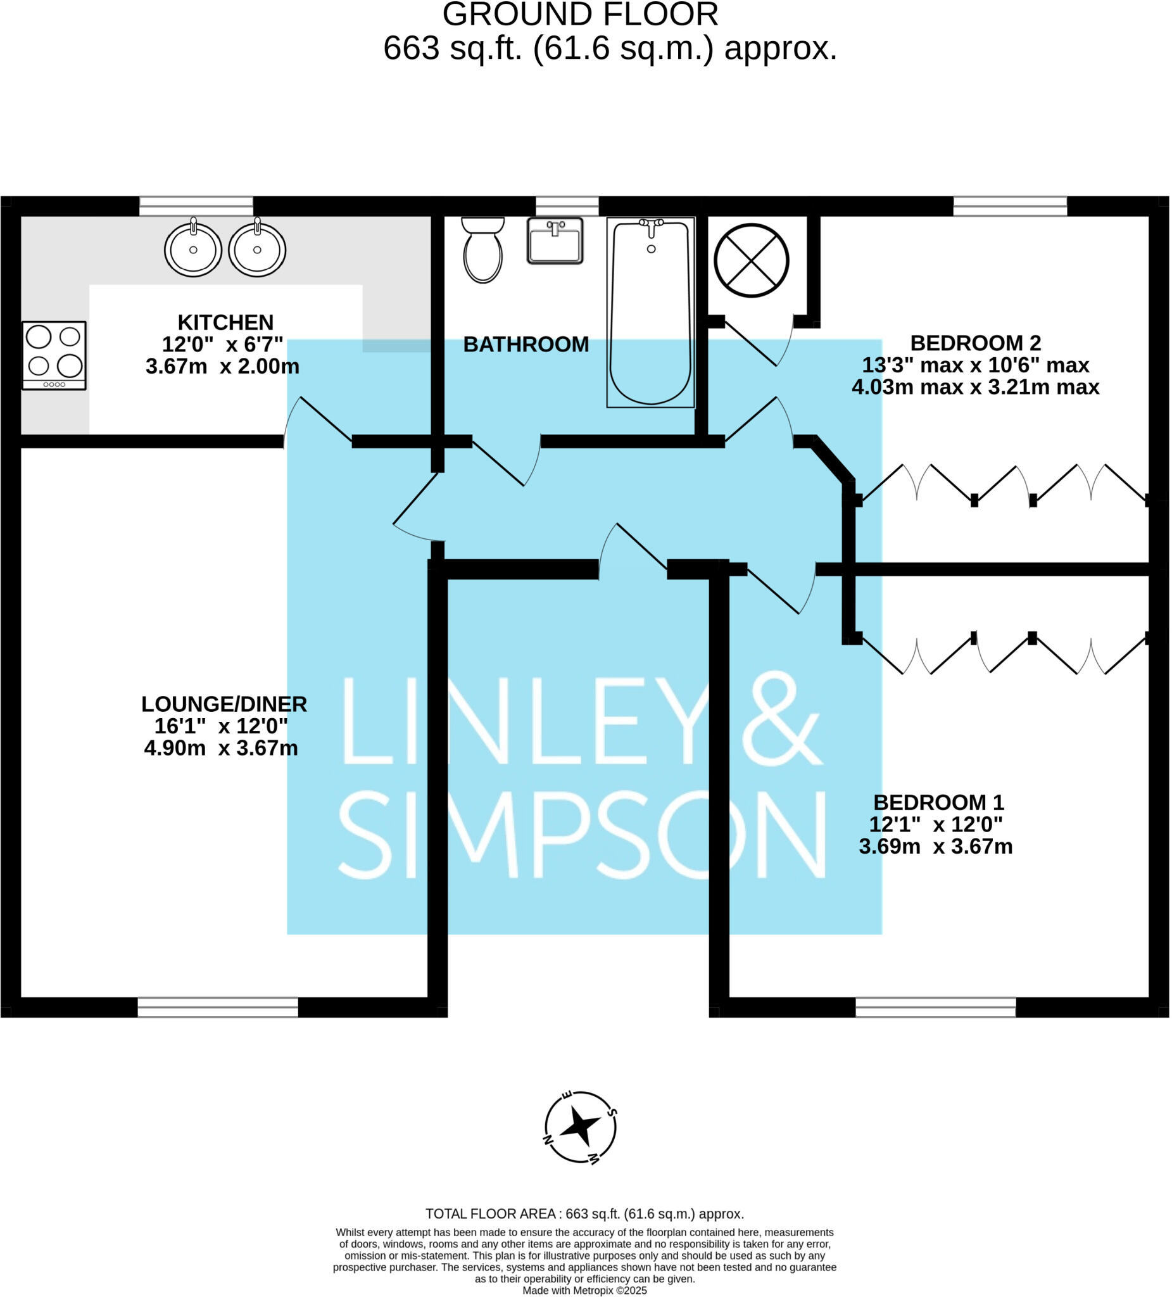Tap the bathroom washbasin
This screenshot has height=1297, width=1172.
[555, 241]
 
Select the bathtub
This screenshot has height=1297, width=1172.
[650, 313]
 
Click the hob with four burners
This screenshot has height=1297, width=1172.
[54, 355]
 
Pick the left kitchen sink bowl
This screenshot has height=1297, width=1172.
[193, 249]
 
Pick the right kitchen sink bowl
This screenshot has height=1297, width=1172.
[257, 249]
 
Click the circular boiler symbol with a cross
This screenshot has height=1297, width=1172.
[752, 260]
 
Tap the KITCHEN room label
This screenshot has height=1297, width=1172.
[225, 322]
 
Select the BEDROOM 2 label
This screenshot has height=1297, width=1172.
[975, 343]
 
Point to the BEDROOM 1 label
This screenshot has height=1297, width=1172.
[938, 802]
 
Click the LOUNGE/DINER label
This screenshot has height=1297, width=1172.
[224, 704]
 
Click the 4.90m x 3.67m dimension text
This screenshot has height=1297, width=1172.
[220, 748]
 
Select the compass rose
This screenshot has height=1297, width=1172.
[580, 1127]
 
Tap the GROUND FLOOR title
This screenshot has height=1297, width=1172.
[580, 14]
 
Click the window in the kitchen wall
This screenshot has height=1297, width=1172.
[196, 206]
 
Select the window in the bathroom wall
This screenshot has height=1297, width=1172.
[567, 206]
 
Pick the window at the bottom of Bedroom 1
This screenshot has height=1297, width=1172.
[935, 1007]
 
